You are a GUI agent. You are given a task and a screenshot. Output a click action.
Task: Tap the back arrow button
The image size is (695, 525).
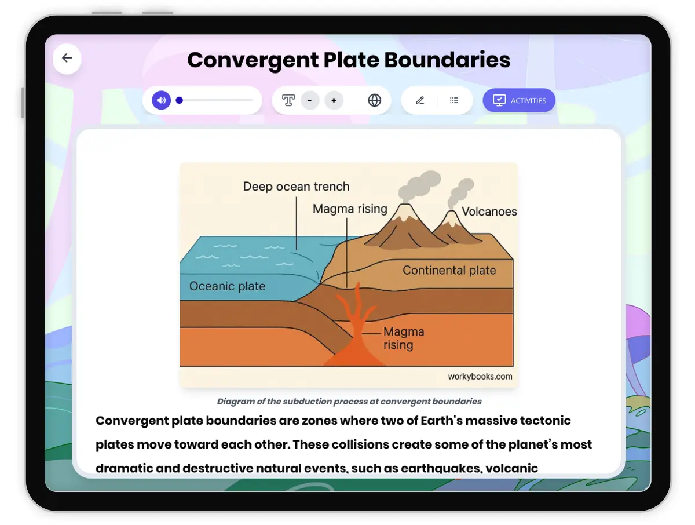coord(67,58)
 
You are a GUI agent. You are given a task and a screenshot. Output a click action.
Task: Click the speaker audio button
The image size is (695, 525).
coord(161,100)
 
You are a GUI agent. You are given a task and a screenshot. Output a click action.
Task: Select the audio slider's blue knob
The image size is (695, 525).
coord(180,100)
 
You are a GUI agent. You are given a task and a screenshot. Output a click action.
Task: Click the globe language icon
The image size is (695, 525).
coord(375,100)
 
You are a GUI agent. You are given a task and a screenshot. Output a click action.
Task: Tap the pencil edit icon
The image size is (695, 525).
coord(420,100)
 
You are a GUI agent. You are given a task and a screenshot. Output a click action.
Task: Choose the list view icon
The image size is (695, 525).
coord(454,100)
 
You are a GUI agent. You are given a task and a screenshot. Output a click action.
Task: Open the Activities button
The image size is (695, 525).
coord(519,100)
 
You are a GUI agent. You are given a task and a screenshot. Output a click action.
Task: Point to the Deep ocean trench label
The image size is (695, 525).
coord(296,187)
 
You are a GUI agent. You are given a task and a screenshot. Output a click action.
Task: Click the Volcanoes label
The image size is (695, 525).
coord(489,212)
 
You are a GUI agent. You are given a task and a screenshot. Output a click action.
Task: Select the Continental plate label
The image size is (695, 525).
coord(449,270)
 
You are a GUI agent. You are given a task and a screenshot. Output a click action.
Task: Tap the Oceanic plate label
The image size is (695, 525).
coord(227,286)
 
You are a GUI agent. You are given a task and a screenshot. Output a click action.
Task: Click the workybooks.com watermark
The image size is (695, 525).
coord(480,376)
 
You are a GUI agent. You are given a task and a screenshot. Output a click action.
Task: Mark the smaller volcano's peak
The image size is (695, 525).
coord(450,216)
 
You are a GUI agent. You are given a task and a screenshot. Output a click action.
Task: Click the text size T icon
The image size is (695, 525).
coord(288,100)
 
